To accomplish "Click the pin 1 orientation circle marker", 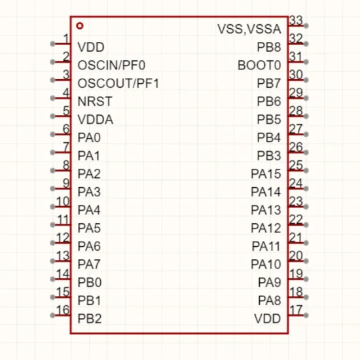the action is point(80,26).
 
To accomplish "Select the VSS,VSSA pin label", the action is point(249,29).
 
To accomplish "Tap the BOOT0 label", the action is point(259,65).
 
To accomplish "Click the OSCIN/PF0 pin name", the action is point(111,65).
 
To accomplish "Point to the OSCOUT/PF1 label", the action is point(118,83).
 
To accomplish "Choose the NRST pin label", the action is point(95,101).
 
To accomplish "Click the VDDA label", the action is point(96,119).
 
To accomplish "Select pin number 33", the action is point(296,20).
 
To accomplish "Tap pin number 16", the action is point(63,310).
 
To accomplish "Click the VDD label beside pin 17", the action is point(268,319).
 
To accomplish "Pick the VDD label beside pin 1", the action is point(91,47).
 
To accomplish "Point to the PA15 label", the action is point(266,174).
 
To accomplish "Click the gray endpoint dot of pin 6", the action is point(52,134).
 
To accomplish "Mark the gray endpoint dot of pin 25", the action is point(306,171).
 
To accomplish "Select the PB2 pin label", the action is point(90,319).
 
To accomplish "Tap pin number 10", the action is point(63,202).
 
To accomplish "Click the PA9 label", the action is point(270,282).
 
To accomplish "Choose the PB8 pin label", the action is point(269,47).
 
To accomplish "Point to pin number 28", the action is point(296,111).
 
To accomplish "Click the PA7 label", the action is point(89,264).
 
